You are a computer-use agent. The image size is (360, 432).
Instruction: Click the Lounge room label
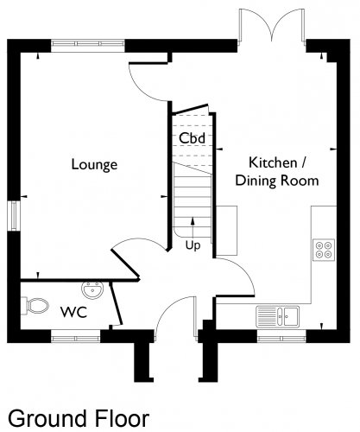(x=94, y=165)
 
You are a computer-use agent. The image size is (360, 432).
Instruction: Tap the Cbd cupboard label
(x=192, y=138)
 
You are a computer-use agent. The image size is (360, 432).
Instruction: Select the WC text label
(x=73, y=312)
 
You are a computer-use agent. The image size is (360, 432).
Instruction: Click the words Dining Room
(x=277, y=181)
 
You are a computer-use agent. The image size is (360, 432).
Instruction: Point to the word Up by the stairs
(x=193, y=245)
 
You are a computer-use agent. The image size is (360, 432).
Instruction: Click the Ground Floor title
(x=79, y=418)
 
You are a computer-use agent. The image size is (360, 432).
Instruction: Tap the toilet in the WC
(x=35, y=306)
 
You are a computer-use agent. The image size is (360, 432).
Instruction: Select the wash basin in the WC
(x=92, y=289)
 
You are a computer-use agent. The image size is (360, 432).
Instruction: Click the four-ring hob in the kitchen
(x=324, y=250)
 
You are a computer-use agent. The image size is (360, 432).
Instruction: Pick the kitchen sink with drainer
(x=278, y=316)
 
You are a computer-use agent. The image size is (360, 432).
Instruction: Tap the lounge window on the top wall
(x=88, y=44)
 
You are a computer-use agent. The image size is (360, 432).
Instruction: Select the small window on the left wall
(x=14, y=216)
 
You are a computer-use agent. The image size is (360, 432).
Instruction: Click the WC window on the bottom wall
(x=76, y=337)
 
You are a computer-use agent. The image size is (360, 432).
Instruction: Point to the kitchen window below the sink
(x=281, y=337)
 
